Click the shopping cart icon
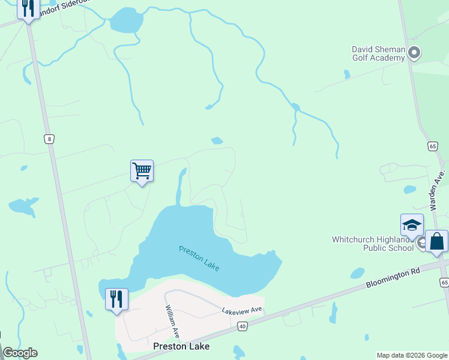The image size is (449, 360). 142,171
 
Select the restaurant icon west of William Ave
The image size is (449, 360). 116,299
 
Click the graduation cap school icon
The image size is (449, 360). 412,225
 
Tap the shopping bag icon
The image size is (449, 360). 437,242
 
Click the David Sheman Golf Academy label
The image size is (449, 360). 379,53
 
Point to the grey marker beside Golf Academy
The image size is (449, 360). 414,54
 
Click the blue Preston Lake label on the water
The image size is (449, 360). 199,257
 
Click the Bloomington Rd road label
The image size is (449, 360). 393,277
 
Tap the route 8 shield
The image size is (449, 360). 49,139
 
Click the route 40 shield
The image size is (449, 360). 242,326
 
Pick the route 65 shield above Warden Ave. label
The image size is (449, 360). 433,146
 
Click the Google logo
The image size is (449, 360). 20,353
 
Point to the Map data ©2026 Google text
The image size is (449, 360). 412,355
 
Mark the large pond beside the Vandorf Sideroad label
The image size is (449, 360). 126,21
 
